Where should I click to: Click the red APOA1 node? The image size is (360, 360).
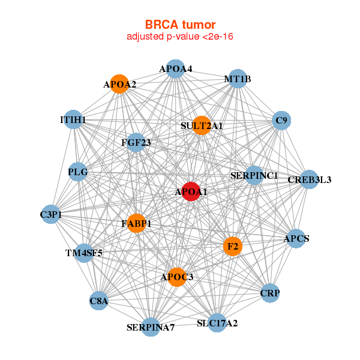(x=191, y=191)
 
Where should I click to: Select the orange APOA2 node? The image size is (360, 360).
(x=120, y=84)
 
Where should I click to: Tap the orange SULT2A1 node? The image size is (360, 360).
(x=202, y=125)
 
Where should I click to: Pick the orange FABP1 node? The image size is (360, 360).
(x=136, y=223)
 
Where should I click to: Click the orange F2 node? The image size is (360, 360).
(x=232, y=247)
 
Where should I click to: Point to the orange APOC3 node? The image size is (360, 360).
(x=177, y=277)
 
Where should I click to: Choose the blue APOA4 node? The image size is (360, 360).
(x=175, y=69)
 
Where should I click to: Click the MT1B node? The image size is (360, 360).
(x=238, y=79)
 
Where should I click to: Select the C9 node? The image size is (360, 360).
(x=281, y=121)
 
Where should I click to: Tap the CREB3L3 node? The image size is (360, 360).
(x=309, y=179)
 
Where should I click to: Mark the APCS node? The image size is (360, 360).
(x=296, y=238)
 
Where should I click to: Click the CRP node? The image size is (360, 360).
(x=270, y=293)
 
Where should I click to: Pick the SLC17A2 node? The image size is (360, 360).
(x=217, y=323)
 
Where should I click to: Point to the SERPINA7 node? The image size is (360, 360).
(x=151, y=327)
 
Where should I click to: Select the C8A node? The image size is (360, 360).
(x=99, y=301)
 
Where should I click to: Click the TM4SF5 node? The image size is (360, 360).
(x=85, y=253)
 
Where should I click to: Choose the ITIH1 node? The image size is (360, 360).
(x=73, y=120)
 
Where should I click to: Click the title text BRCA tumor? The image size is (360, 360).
(x=180, y=25)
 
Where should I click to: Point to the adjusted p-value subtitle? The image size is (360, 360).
(x=180, y=37)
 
